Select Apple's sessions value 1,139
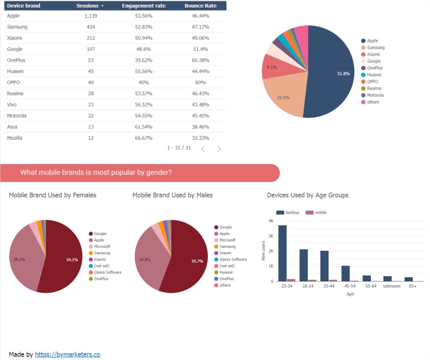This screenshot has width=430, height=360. coord(91,16)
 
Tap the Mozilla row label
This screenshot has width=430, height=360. coord(15,138)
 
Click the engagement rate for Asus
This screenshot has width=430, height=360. coord(144,127)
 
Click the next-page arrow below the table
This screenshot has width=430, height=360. coord(219,149)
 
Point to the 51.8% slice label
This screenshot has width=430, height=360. coord(343,74)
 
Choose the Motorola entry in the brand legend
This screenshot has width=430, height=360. coord(375,95)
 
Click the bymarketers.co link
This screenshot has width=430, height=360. coord(68,355)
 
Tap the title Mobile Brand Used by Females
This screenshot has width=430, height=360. coord(52,195)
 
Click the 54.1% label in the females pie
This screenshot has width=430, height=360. coord(72,260)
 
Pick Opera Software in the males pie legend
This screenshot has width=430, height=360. coord(233,259)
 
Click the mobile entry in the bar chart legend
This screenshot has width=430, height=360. coord(320,213)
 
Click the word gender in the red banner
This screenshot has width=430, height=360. coord(157,173)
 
